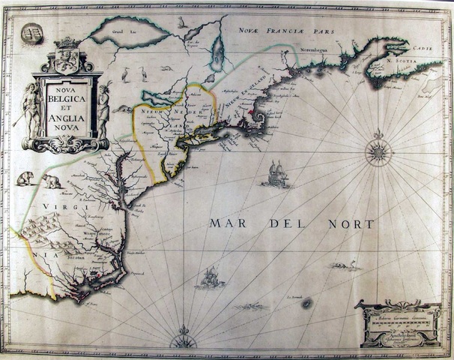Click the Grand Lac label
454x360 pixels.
[118, 34]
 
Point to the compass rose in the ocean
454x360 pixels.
[378, 152]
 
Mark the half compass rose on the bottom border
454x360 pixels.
[183, 341]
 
